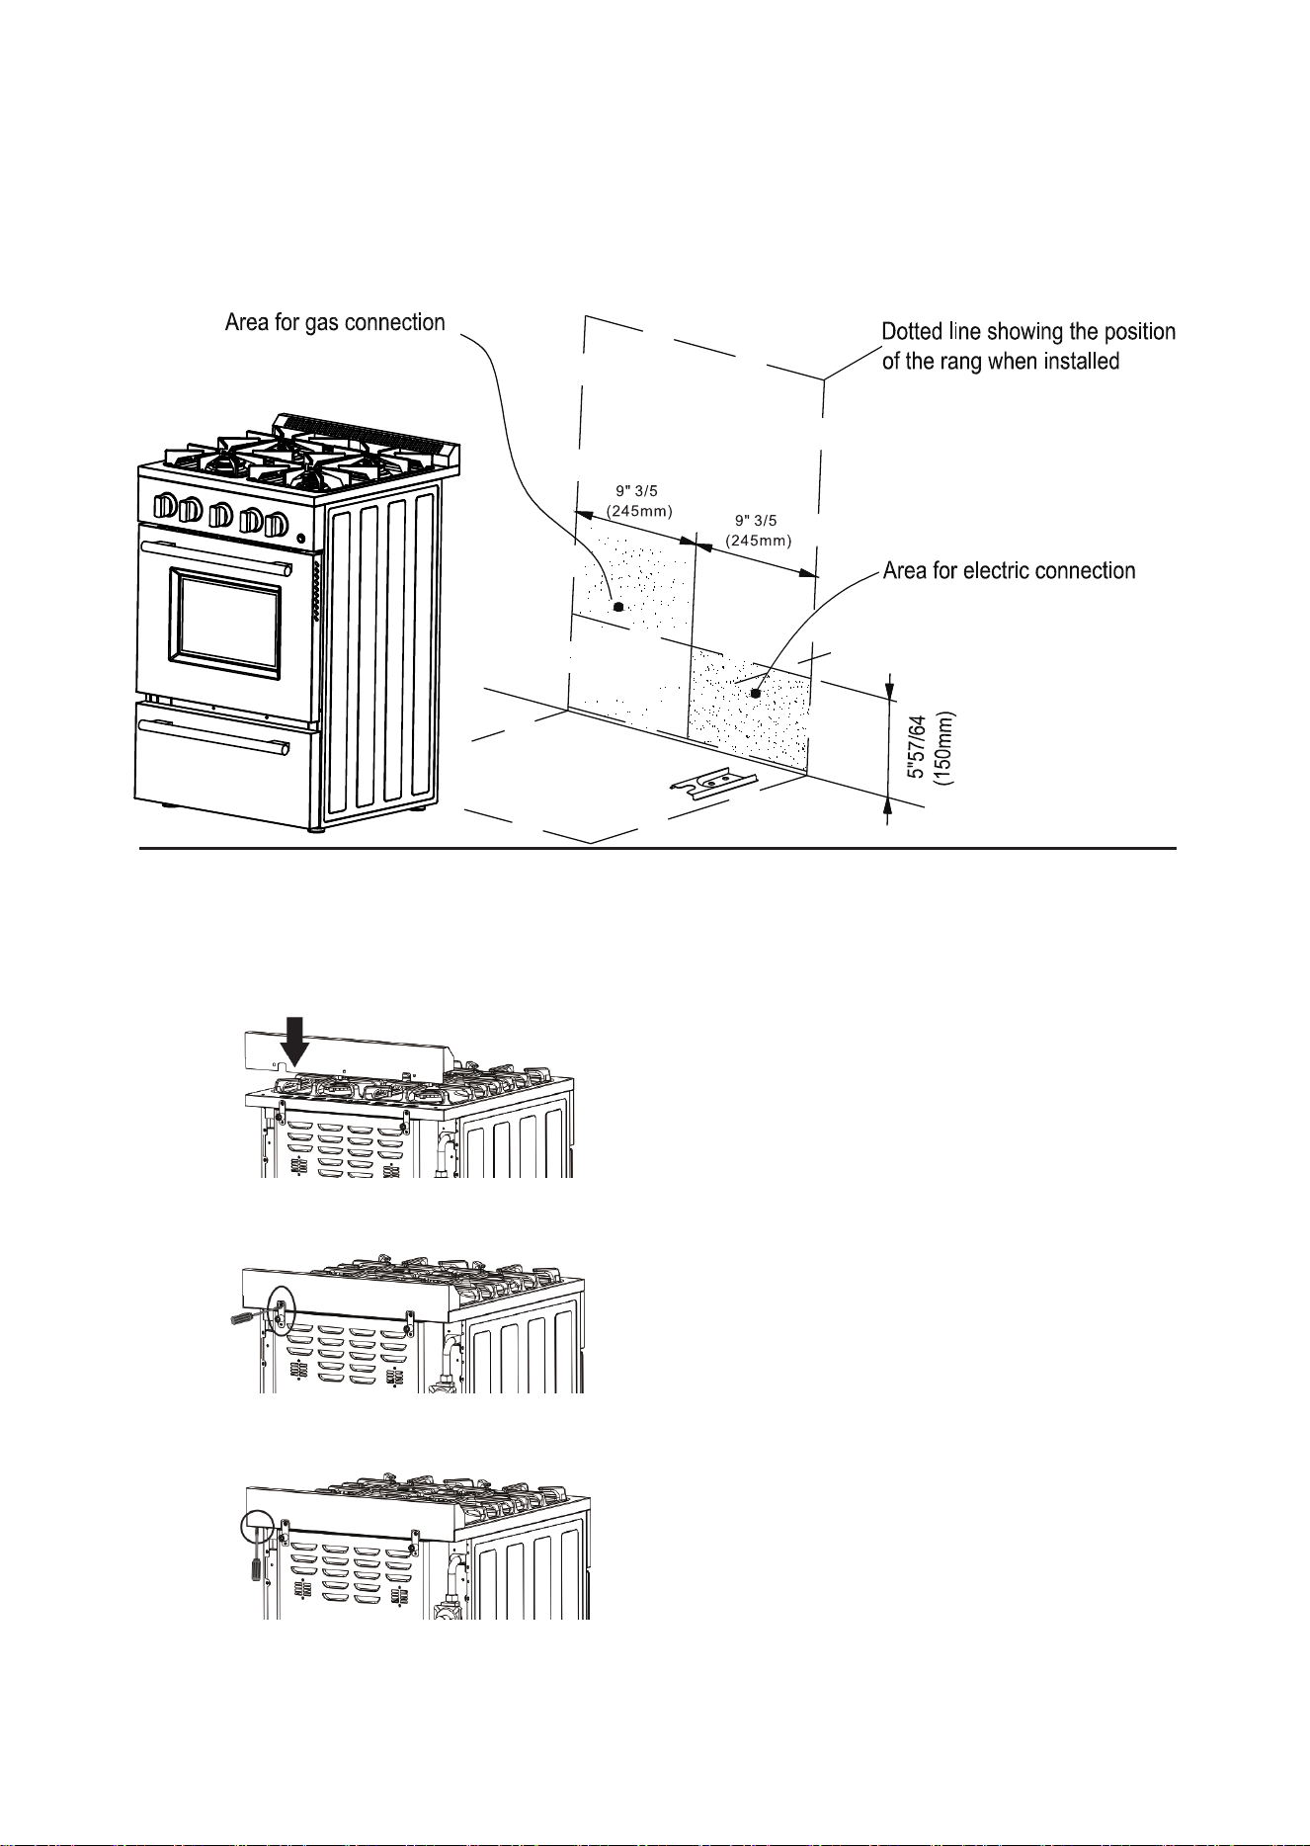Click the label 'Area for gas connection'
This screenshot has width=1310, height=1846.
tap(336, 323)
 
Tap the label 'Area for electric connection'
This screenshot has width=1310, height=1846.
tap(1009, 571)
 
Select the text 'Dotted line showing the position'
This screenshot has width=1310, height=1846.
tap(1028, 332)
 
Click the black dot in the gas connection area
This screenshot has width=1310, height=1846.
tap(617, 608)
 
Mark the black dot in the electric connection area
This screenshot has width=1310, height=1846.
tap(756, 693)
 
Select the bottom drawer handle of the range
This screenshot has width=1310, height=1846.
tap(215, 736)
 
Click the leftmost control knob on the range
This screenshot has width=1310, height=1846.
tap(165, 507)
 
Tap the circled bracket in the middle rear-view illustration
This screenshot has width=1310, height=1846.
tap(282, 1311)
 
